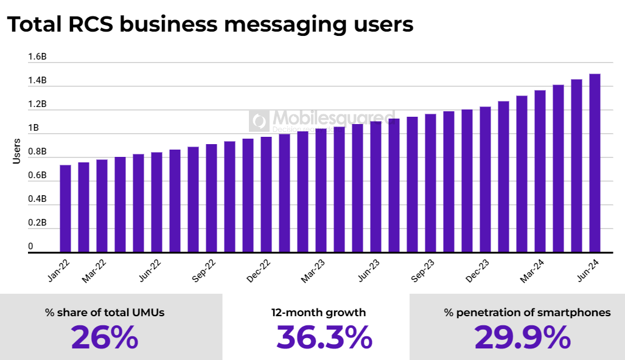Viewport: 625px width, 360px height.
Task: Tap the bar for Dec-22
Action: click(266, 194)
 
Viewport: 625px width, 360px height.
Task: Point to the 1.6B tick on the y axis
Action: click(38, 57)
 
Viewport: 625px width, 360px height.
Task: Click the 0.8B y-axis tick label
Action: click(38, 152)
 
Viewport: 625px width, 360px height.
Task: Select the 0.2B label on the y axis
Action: click(38, 223)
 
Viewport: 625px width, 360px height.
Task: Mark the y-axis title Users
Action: click(17, 152)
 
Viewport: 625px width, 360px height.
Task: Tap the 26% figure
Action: click(105, 337)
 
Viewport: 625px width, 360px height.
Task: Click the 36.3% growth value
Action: click(324, 337)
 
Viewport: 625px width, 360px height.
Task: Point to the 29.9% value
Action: click(522, 337)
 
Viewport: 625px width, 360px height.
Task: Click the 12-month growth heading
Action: click(319, 313)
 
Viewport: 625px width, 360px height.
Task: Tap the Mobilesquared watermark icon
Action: click(259, 121)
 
